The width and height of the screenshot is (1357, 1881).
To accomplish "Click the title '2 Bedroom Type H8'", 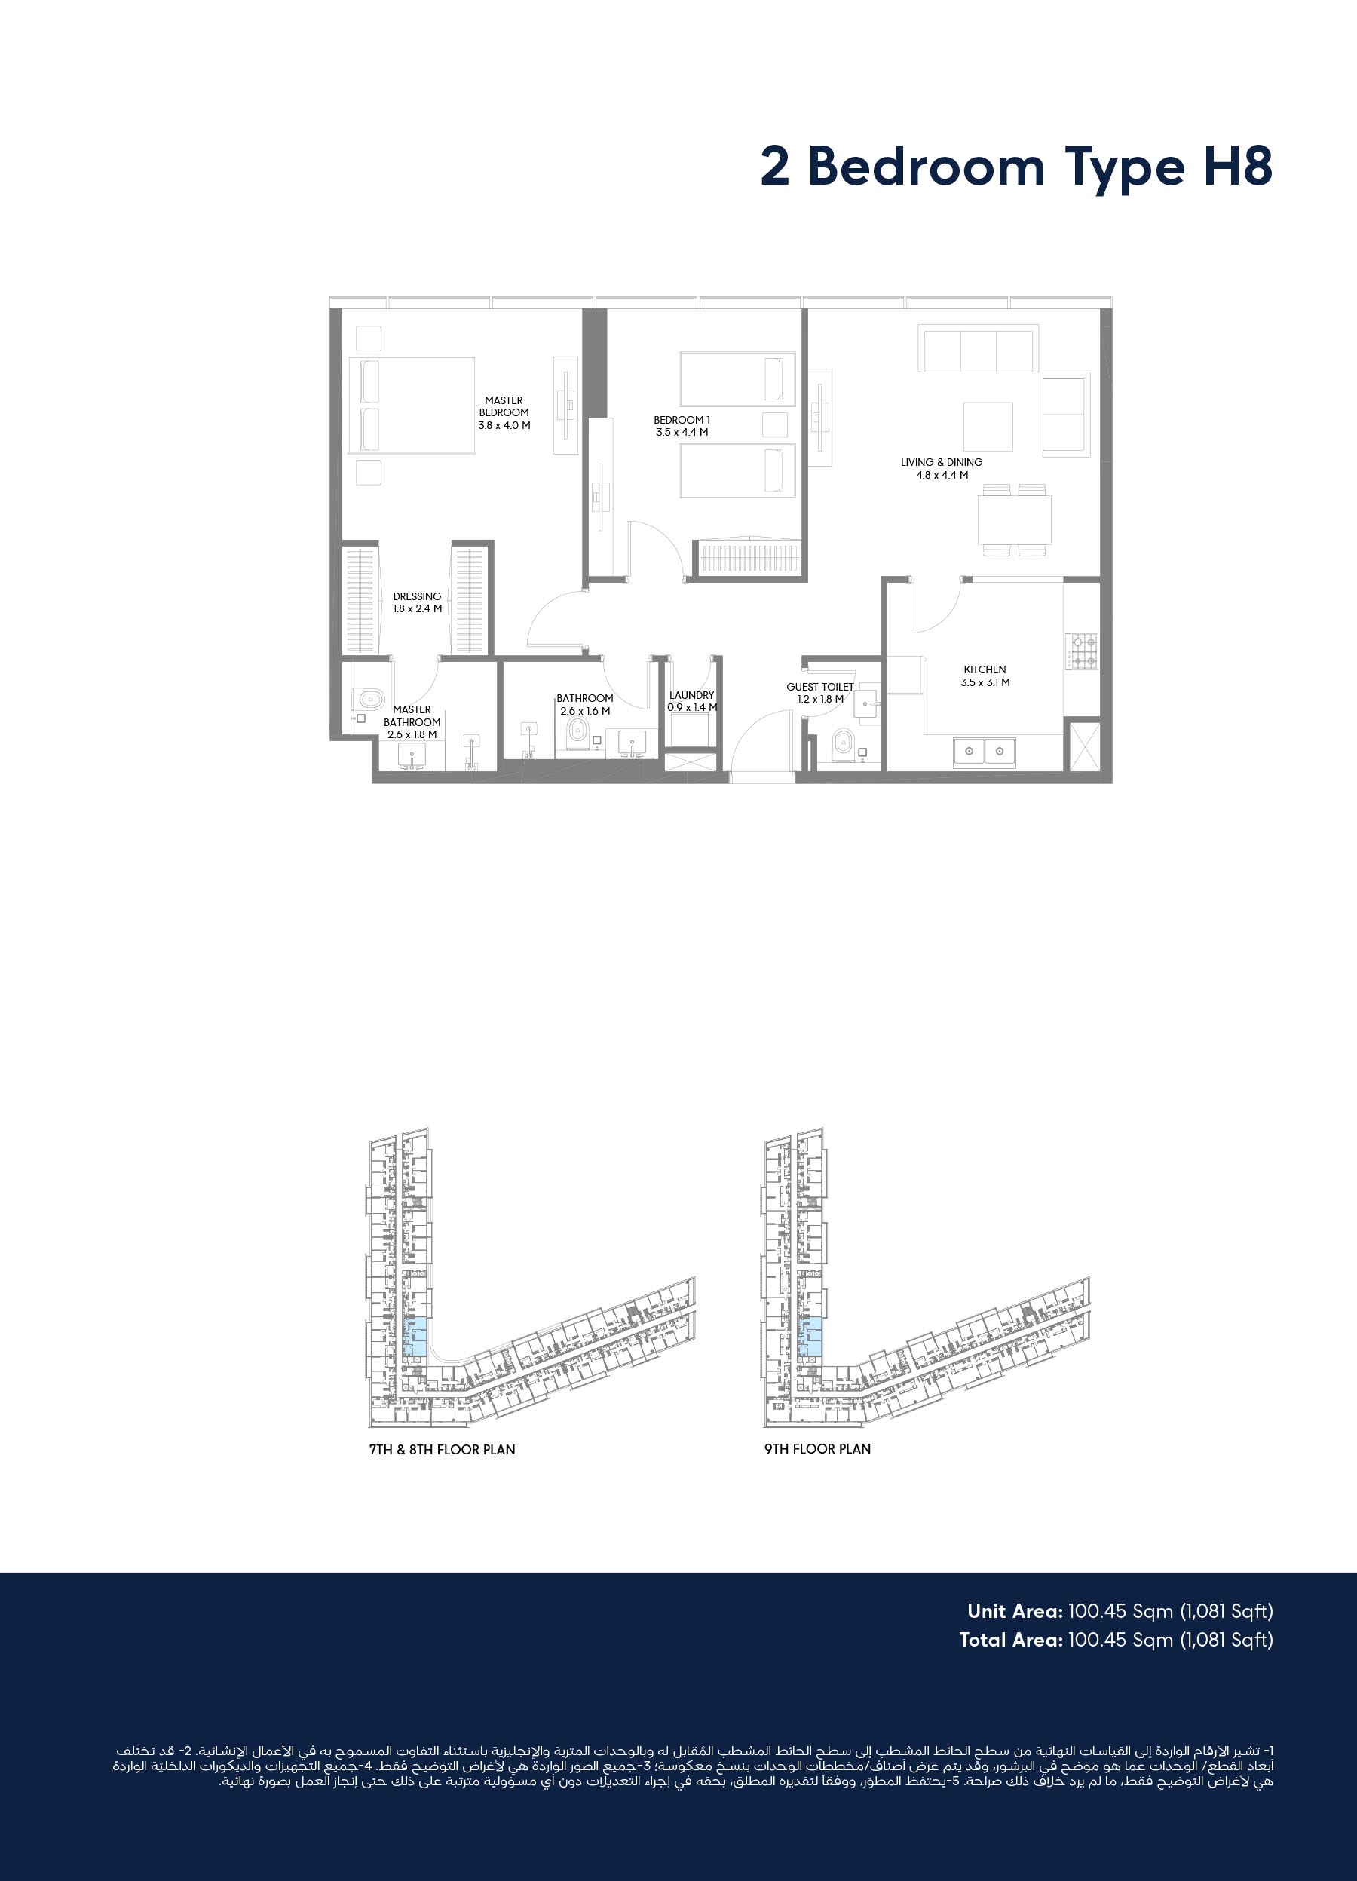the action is pos(1016,167).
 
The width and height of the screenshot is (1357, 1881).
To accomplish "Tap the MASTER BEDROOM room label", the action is pos(504,406).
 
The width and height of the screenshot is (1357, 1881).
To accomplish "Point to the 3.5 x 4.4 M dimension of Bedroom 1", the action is pos(682,432).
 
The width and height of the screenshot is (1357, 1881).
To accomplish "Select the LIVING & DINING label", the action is pos(942,462).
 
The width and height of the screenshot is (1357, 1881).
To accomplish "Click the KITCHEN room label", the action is pos(985,669).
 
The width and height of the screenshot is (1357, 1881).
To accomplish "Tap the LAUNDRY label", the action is pos(692,695).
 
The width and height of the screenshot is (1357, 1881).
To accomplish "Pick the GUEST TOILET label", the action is pos(820,687).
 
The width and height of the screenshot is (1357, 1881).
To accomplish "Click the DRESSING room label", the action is pos(417,596).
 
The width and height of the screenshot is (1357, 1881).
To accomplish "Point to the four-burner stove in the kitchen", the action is pos(1082,651).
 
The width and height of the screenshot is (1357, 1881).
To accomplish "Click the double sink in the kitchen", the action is pos(985,752).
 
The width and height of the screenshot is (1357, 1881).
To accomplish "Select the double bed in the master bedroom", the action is pos(412,406).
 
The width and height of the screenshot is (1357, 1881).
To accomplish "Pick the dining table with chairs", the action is pos(1015,519).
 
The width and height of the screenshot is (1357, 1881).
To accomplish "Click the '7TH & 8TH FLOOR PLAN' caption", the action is pos(442,1449).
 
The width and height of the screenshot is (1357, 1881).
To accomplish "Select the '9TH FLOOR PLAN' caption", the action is pos(818,1448).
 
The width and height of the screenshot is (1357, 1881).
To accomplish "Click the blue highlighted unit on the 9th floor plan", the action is pos(810,1336).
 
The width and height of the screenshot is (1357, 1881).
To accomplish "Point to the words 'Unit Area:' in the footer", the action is pos(1015,1610).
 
